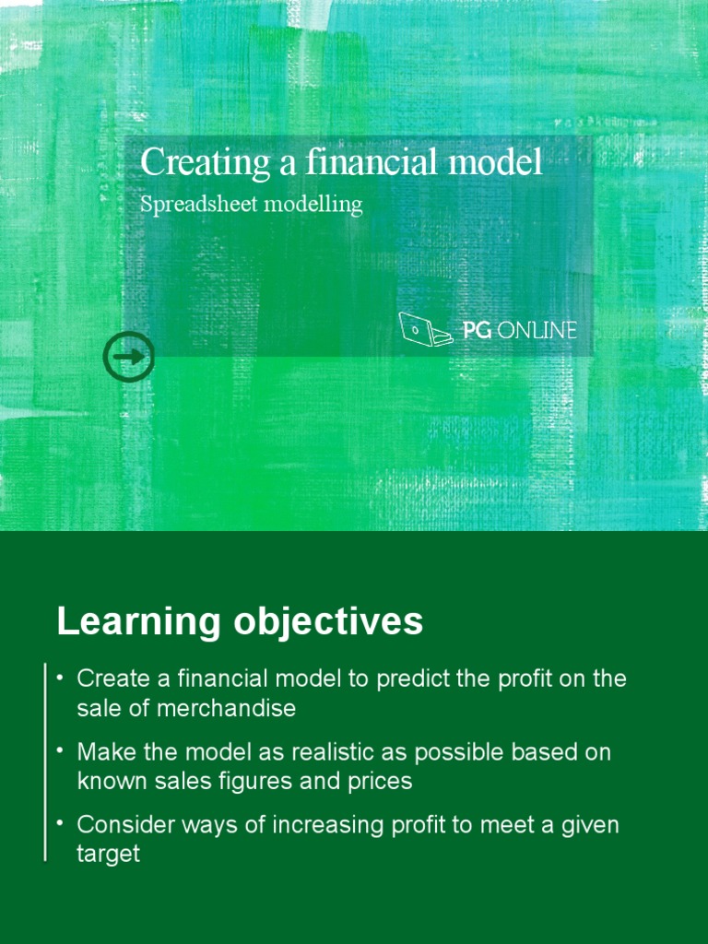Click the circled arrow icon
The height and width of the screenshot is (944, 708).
pyautogui.click(x=129, y=356)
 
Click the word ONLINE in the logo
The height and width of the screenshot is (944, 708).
pyautogui.click(x=537, y=330)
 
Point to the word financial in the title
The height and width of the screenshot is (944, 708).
pyautogui.click(x=356, y=163)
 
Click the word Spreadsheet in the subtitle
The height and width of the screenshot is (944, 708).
pyautogui.click(x=198, y=205)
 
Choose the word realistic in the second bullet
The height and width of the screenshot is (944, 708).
pyautogui.click(x=340, y=751)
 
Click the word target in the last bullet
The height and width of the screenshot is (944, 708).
pyautogui.click(x=108, y=854)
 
